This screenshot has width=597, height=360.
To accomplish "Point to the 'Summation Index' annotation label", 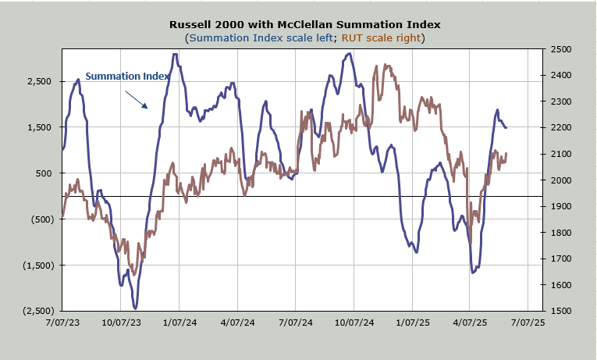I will [x=127, y=76].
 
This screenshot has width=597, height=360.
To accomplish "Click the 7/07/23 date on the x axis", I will [x=62, y=321].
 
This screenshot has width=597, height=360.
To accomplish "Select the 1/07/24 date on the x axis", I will [x=179, y=321].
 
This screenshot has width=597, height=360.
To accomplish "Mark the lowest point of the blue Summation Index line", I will [x=135, y=308].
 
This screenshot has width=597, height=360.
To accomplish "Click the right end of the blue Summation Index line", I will [x=506, y=127].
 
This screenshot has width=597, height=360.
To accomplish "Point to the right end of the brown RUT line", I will [x=506, y=154].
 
